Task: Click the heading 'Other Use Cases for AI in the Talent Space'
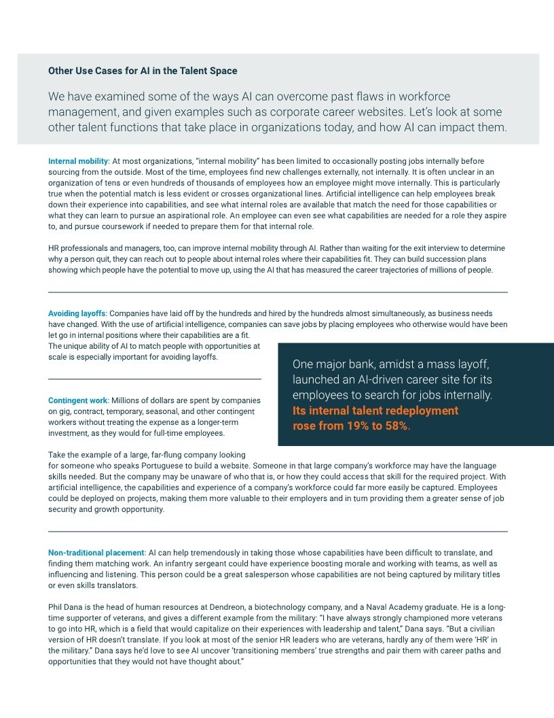pos(143,71)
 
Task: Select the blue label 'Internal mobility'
pos(78,161)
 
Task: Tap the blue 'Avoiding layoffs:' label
pos(77,313)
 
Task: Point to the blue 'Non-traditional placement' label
pos(96,553)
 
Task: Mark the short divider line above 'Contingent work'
pos(155,379)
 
